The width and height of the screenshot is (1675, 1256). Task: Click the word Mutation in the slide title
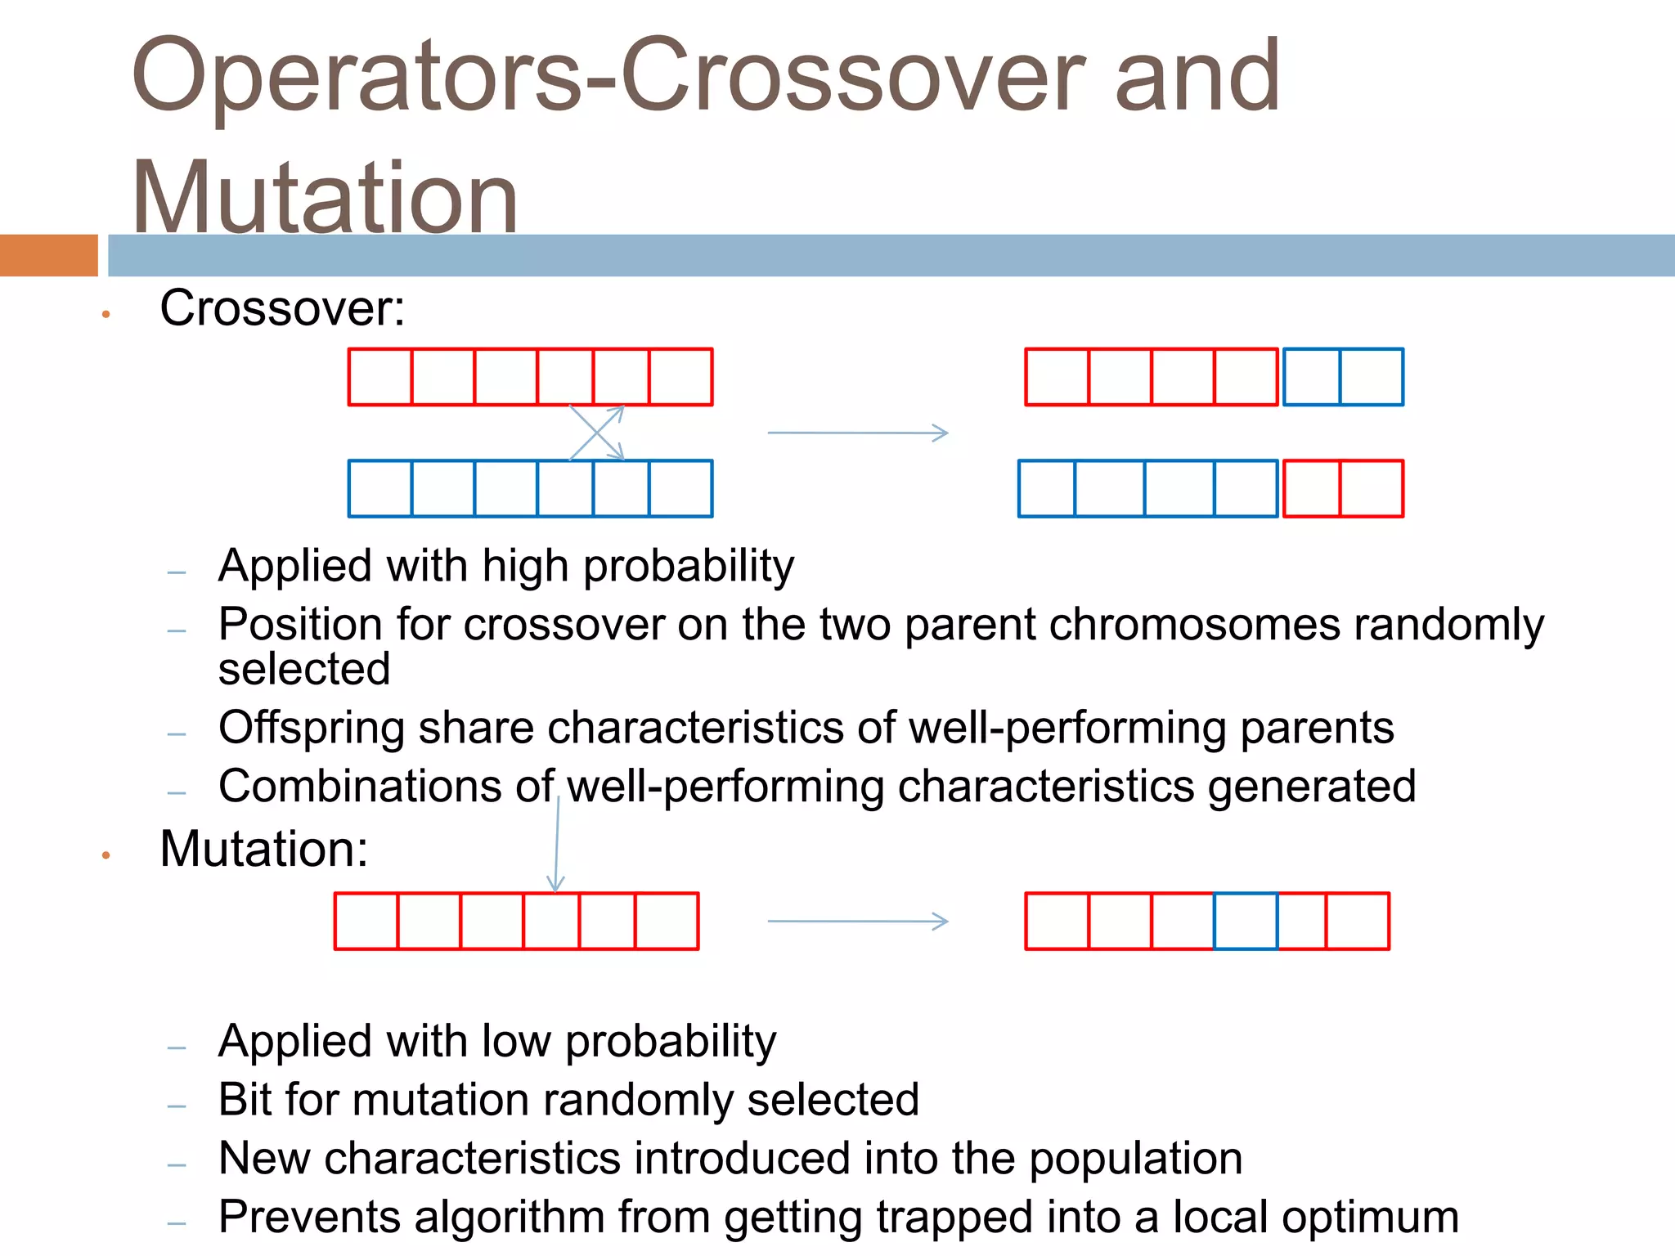click(325, 198)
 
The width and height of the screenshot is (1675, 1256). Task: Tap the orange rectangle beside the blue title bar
click(48, 255)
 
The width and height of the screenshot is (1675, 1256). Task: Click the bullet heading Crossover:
click(282, 308)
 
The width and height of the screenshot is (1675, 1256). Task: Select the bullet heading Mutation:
click(263, 849)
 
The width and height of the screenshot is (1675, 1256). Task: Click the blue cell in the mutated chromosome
click(1245, 921)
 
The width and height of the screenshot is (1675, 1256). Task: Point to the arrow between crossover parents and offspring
click(857, 433)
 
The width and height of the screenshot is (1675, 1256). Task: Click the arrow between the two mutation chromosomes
click(857, 922)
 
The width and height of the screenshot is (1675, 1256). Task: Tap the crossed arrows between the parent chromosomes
click(597, 433)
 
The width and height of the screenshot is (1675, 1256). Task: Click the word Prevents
click(309, 1217)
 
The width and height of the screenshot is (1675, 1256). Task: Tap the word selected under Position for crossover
click(304, 669)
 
